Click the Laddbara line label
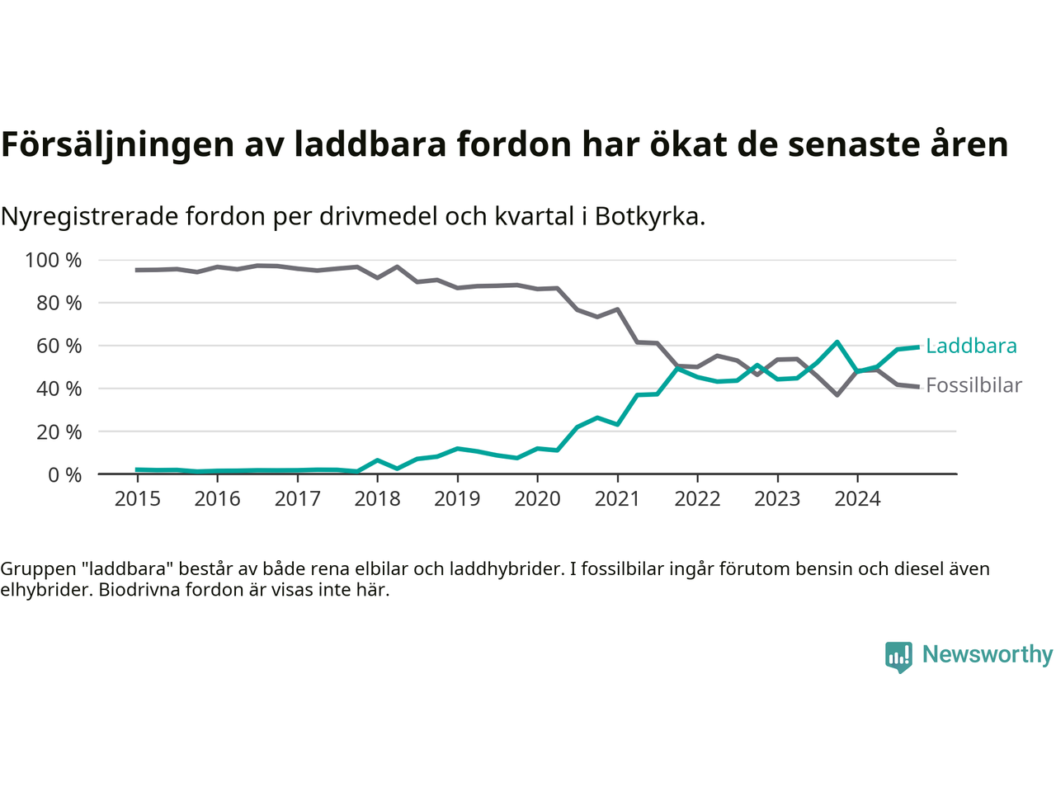click(971, 346)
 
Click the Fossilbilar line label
click(973, 385)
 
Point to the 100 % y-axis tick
click(54, 261)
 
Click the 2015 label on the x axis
click(137, 498)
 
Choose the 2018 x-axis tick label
click(377, 498)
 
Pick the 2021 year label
click(617, 498)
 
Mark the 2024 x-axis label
click(857, 498)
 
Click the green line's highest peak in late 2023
click(837, 342)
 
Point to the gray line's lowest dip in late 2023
click(837, 395)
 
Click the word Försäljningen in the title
click(117, 144)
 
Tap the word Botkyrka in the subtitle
click(649, 216)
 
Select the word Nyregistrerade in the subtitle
click(89, 216)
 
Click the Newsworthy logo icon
click(898, 657)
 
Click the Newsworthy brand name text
click(988, 654)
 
